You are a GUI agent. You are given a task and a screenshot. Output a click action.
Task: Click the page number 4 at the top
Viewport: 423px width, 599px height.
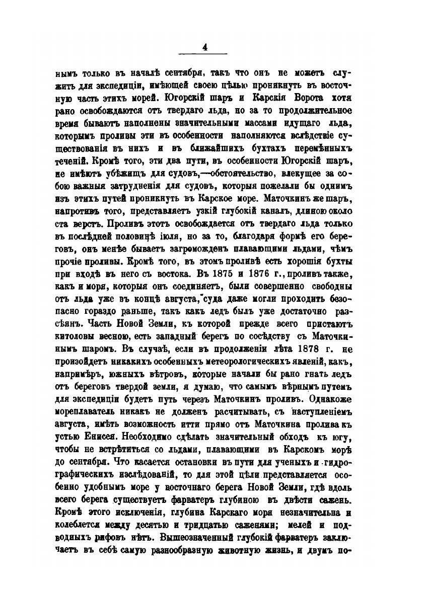tap(204, 47)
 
